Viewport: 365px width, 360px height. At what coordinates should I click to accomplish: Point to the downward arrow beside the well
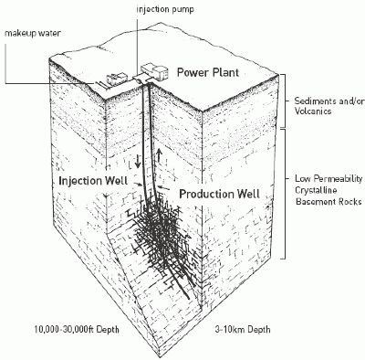coord(140,160)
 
